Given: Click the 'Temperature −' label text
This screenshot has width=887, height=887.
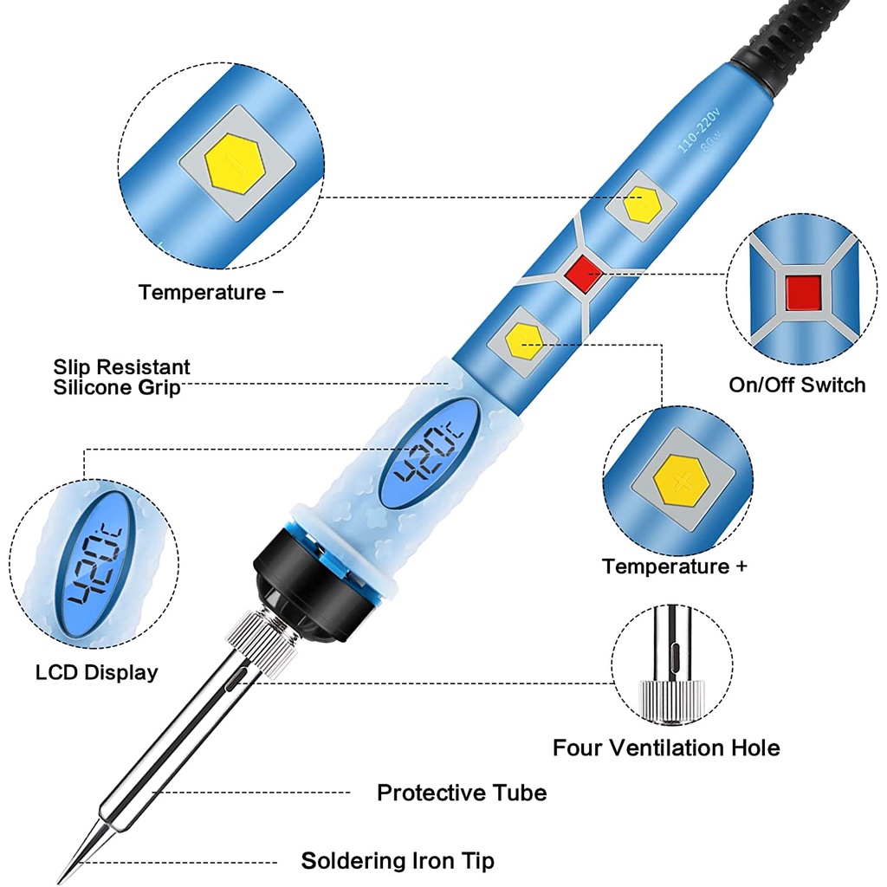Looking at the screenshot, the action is pos(211,293).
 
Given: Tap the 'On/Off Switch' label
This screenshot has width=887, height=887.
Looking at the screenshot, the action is pos(797,385).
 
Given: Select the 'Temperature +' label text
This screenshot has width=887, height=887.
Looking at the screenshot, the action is pos(674,567).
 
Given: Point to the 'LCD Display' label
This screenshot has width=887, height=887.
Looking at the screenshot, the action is pos(97,672).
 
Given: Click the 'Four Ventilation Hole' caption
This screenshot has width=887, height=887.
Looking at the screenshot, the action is pos(666,748).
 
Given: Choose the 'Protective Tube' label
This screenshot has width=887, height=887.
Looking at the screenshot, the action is pos(462,793).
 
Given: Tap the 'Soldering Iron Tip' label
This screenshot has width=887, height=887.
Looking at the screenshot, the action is pos(398,861).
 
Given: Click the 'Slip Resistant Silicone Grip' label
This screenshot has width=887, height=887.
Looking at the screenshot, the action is pos(121,377).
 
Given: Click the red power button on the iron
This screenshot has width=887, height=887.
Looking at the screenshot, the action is pos(583,273).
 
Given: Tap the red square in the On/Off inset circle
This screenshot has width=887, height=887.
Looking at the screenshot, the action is pos(803,292).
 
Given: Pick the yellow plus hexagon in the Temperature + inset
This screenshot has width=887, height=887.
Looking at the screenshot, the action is pos(682,482).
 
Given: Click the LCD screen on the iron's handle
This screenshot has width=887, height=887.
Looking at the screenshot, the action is pos(428,452).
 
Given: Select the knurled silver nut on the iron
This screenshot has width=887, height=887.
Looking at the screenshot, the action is pos(262,644).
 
